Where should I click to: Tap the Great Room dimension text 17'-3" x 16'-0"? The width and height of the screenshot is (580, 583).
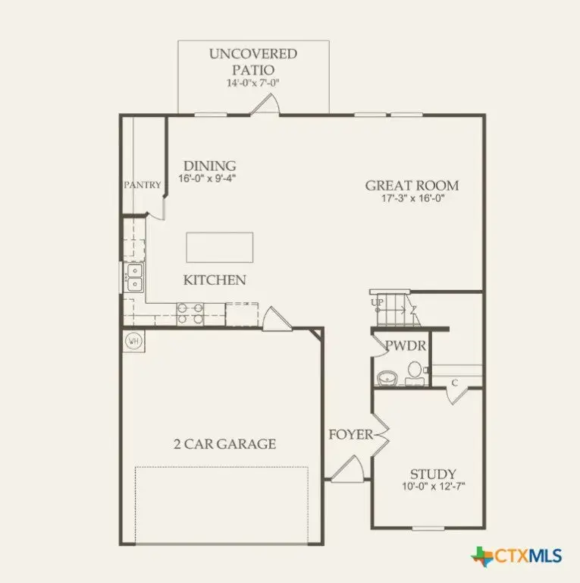pyautogui.click(x=412, y=200)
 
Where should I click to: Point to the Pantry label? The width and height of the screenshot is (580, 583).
pyautogui.click(x=143, y=184)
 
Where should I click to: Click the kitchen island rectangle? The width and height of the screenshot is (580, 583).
pyautogui.click(x=220, y=247)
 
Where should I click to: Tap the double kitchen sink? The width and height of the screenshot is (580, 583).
pyautogui.click(x=134, y=278)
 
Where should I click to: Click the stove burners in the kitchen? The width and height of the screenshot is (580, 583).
pyautogui.click(x=190, y=314)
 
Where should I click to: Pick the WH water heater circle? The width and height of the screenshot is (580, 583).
pyautogui.click(x=133, y=340)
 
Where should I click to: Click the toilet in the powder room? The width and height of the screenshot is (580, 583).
pyautogui.click(x=414, y=370)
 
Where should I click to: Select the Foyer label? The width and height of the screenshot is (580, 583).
pyautogui.click(x=350, y=435)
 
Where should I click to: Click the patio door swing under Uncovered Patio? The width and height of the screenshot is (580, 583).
pyautogui.click(x=267, y=106)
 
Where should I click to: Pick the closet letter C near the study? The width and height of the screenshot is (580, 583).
pyautogui.click(x=454, y=382)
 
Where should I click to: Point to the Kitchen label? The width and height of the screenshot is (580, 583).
pyautogui.click(x=215, y=280)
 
